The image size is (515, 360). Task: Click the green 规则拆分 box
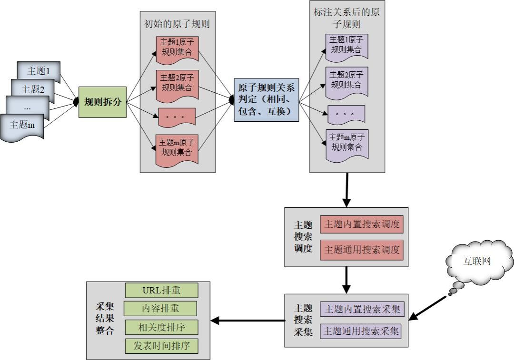click(x=102, y=101)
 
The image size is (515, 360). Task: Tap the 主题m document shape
click(x=24, y=126)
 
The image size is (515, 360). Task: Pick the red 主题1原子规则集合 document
click(x=177, y=47)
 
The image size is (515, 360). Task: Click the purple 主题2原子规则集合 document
click(x=347, y=79)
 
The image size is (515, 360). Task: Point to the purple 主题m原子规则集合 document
click(x=347, y=142)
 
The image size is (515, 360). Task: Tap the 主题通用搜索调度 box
click(x=362, y=249)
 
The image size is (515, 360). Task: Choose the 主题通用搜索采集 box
click(x=362, y=331)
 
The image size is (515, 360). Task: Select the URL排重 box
click(x=161, y=290)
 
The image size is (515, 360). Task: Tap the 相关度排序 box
click(x=161, y=327)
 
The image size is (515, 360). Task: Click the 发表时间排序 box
click(x=161, y=346)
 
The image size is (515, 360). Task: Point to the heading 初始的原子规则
click(x=177, y=24)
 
